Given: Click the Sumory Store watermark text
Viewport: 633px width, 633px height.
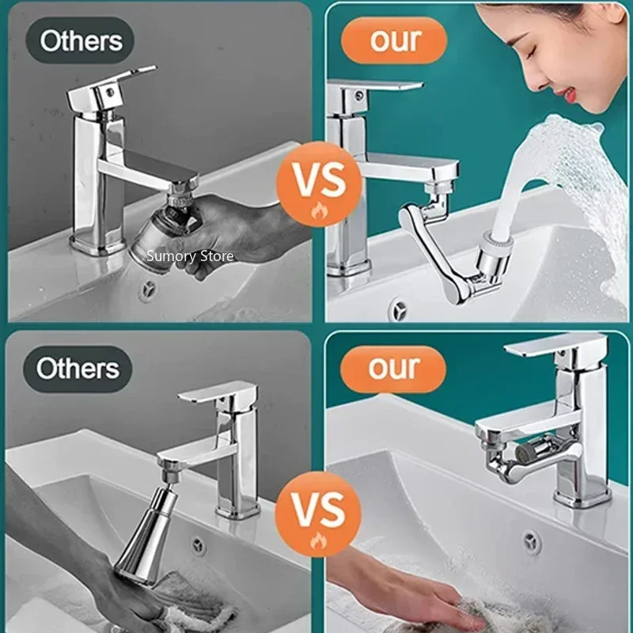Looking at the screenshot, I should [190, 256].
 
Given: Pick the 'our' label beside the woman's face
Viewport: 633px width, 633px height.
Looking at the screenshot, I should [396, 39].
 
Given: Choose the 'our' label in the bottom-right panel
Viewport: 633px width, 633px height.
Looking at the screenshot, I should [394, 369].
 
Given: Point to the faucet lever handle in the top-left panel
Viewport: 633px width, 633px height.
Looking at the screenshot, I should [110, 87].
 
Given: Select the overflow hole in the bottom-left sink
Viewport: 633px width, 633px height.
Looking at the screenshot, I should [198, 544].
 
